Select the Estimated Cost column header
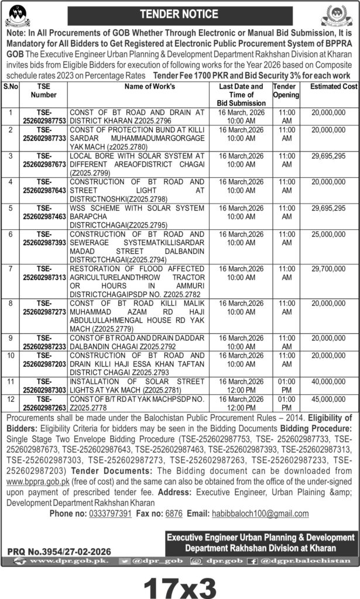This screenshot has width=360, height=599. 334,86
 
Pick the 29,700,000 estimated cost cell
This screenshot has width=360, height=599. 334,267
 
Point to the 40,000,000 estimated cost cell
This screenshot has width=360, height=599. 334,381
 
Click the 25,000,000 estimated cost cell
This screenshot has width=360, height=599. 334,233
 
